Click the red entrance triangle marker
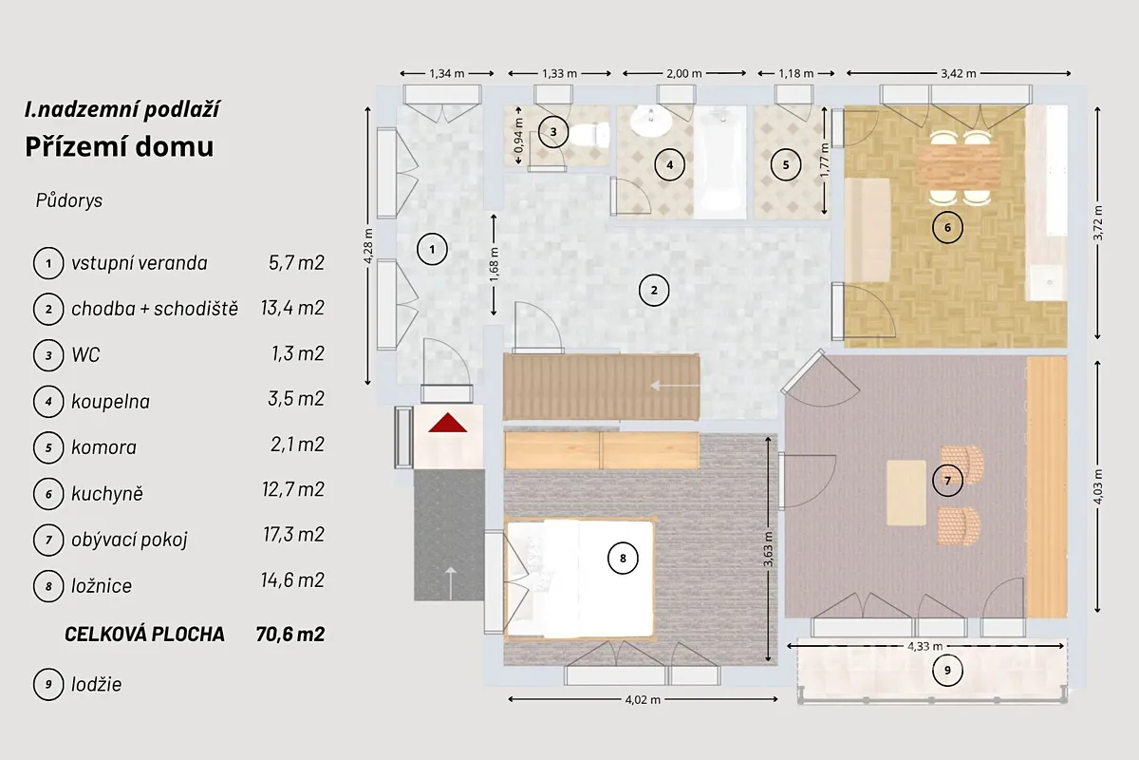click(x=447, y=424)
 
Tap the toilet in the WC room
click(x=588, y=135)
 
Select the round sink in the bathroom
click(x=651, y=122)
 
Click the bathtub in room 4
click(x=720, y=161)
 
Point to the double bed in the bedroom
click(x=579, y=579)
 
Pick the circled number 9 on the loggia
click(x=947, y=671)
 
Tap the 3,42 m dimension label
click(x=958, y=74)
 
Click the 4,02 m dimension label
click(x=643, y=700)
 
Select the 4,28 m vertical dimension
click(x=368, y=246)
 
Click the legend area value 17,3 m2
click(x=293, y=535)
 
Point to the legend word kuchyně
click(x=107, y=494)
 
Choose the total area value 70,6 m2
click(x=290, y=635)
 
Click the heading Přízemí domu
click(x=120, y=146)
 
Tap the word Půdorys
click(x=69, y=200)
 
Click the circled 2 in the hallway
click(x=654, y=290)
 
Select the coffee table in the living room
click(x=906, y=493)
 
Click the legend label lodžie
click(x=97, y=685)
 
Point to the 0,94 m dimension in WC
click(x=518, y=136)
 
